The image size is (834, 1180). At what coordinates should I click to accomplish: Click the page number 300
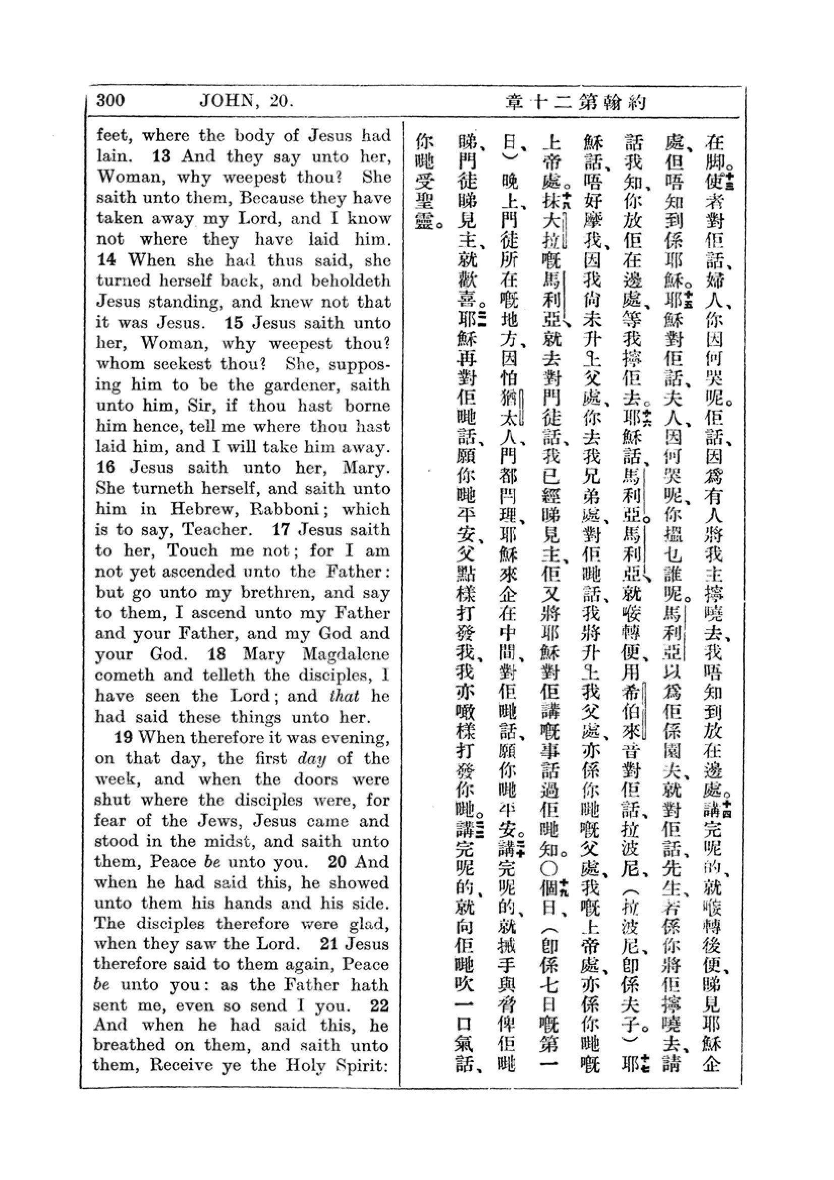[x=110, y=99]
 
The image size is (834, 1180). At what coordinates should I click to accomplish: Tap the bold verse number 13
[x=161, y=156]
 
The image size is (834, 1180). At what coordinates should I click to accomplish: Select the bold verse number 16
[x=105, y=467]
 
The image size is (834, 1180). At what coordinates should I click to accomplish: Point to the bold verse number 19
[x=123, y=738]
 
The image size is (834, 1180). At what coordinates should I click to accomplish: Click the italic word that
[x=344, y=696]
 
